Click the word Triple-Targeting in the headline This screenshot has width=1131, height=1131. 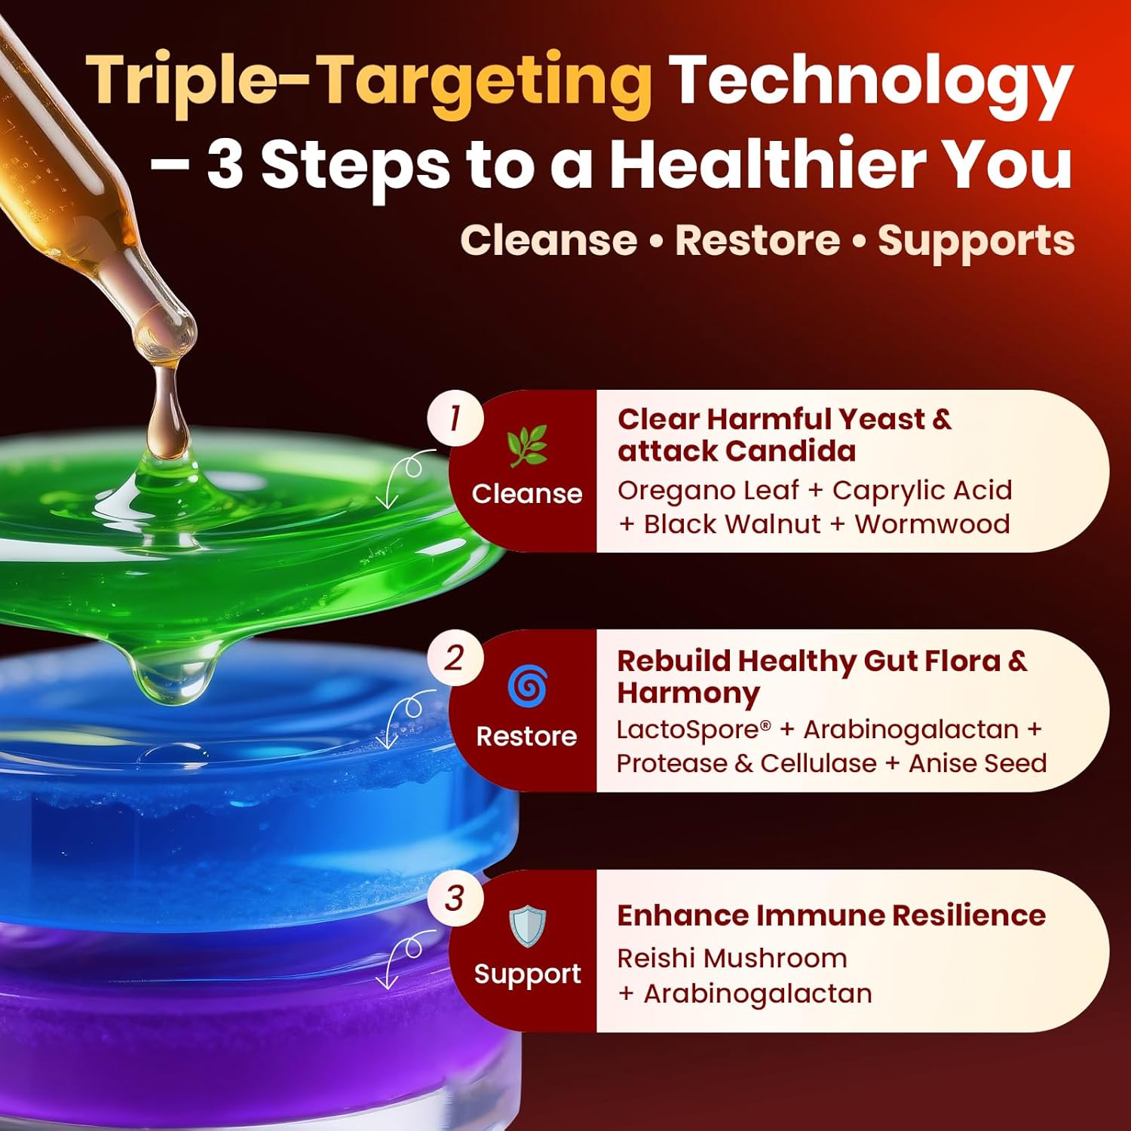click(369, 83)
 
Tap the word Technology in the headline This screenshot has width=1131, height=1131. click(871, 83)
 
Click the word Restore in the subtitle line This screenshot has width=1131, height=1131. click(757, 241)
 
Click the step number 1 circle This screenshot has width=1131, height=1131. click(455, 418)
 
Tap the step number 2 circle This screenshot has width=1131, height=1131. click(455, 658)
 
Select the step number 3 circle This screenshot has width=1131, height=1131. click(455, 898)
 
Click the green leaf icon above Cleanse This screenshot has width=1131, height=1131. click(527, 446)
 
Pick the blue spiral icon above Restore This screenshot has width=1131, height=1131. click(527, 686)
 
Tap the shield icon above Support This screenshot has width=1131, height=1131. click(527, 926)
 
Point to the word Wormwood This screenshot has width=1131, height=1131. click(932, 524)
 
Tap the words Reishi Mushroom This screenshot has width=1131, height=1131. click(732, 958)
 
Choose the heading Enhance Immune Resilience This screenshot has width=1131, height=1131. click(831, 915)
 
